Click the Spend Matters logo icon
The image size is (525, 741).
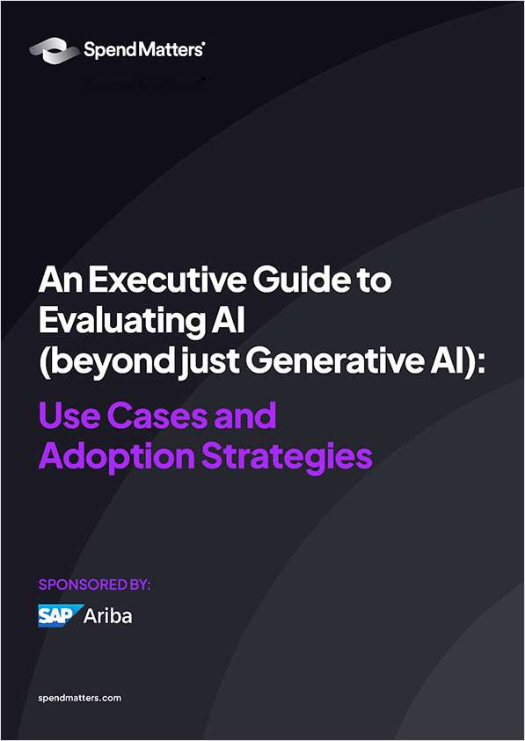tap(54, 51)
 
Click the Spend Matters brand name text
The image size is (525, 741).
tap(144, 50)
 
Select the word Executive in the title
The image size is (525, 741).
tap(167, 280)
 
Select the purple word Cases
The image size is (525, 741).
tap(158, 416)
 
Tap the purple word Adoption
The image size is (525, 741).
tap(117, 457)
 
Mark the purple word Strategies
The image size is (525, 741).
tap(287, 457)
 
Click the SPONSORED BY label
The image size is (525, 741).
tap(94, 585)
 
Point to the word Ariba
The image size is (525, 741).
tap(108, 616)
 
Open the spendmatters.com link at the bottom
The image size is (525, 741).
tap(79, 698)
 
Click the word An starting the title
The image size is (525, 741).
tap(61, 280)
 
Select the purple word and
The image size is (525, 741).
tap(245, 416)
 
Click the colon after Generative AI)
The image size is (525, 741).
tap(480, 365)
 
